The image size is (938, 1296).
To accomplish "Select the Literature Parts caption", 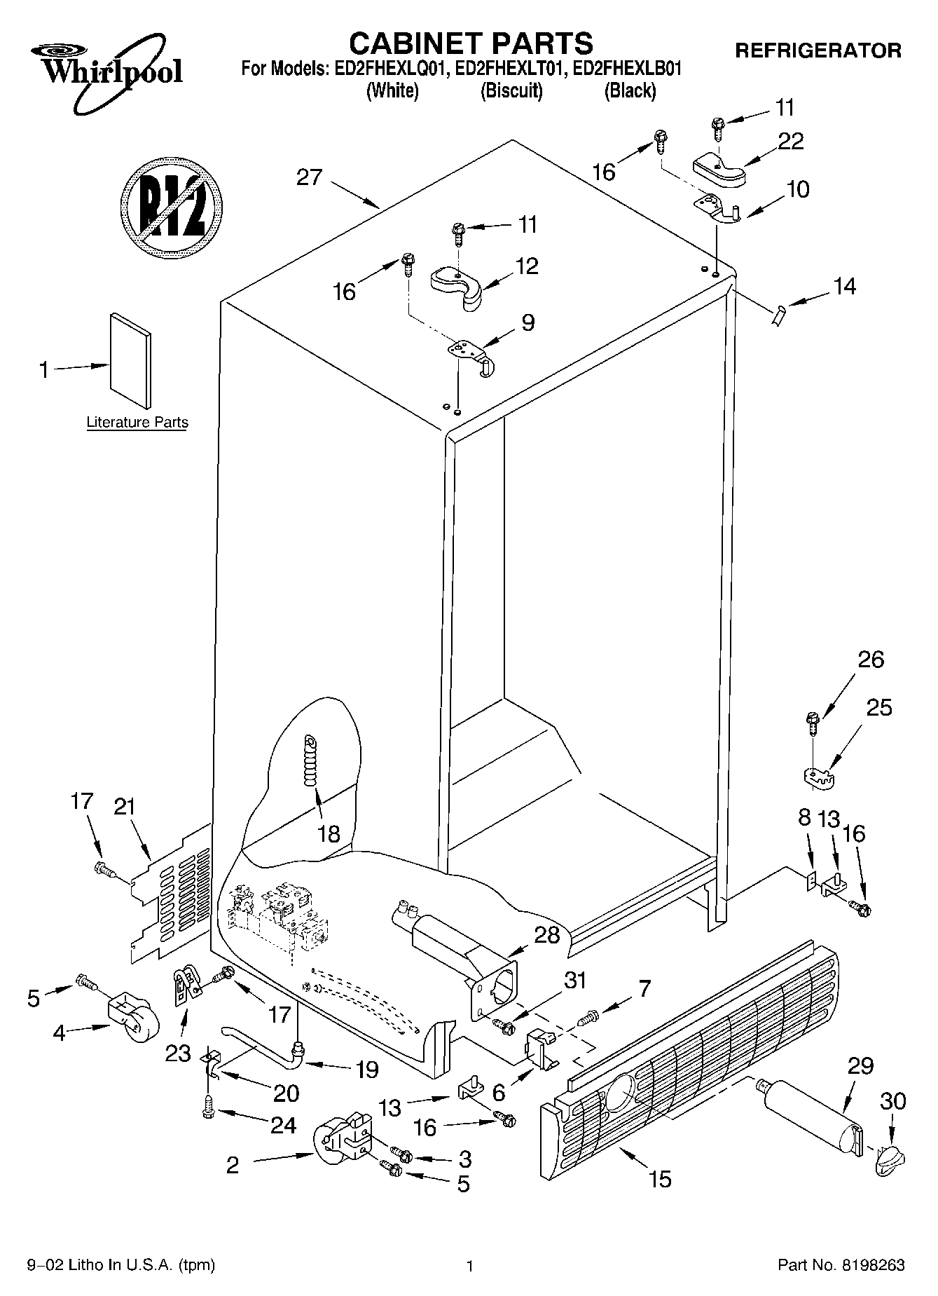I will [137, 423].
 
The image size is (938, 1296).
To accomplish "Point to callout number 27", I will [309, 177].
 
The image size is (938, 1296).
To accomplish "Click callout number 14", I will [844, 286].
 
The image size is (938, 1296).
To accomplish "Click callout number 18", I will [328, 833].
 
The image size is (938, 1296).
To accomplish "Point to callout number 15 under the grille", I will [660, 1179].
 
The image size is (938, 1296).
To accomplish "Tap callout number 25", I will [879, 708].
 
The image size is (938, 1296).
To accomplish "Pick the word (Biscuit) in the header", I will [511, 91].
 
